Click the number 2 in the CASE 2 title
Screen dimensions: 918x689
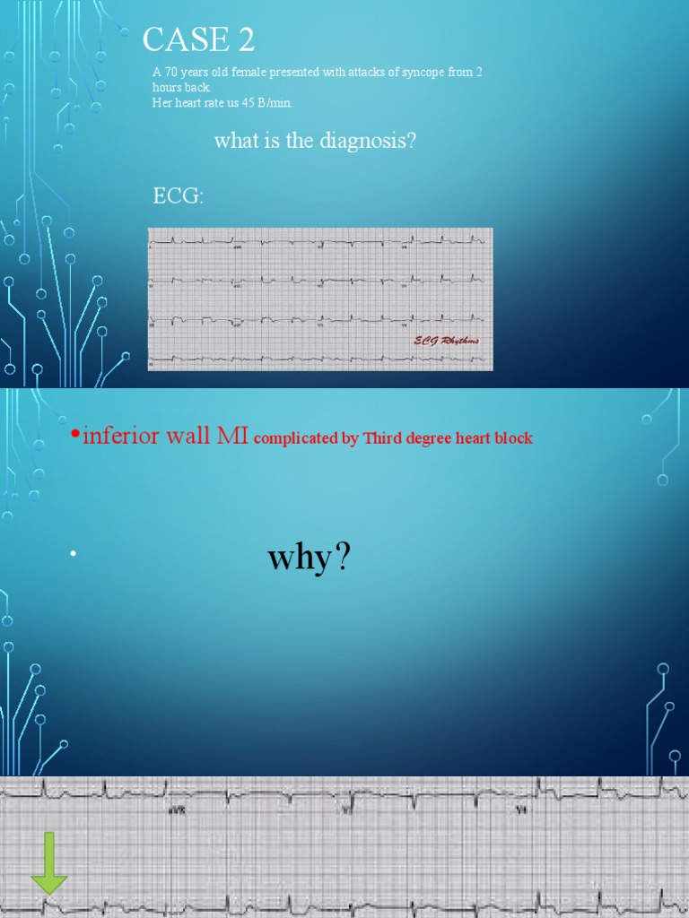click(x=245, y=39)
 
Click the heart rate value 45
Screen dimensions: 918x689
click(x=249, y=103)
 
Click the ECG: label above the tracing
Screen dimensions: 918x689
click(x=178, y=196)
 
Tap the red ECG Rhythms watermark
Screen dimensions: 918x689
click(x=446, y=341)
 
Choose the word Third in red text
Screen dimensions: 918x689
click(x=382, y=439)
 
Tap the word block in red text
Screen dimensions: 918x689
click(x=513, y=439)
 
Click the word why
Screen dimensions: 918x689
click(x=299, y=559)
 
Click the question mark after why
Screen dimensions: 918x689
click(x=342, y=559)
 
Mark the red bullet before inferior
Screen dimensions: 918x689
click(x=75, y=437)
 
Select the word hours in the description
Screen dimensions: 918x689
click(x=167, y=88)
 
